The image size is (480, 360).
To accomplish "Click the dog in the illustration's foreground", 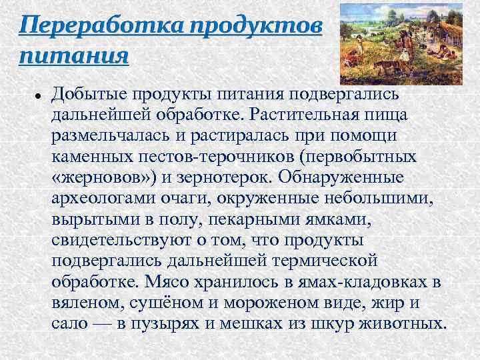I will click(x=384, y=64).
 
